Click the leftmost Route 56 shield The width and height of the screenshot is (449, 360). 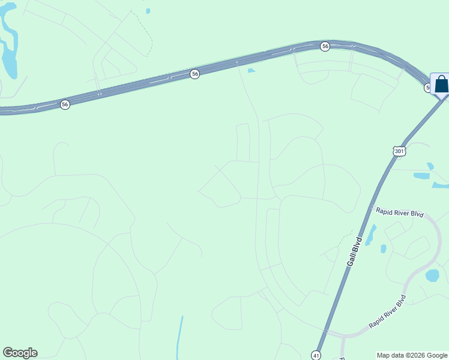pyautogui.click(x=65, y=104)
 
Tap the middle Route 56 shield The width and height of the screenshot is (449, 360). pyautogui.click(x=194, y=73)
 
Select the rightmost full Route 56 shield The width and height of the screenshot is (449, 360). pyautogui.click(x=325, y=46)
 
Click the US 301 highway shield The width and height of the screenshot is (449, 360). pyautogui.click(x=400, y=151)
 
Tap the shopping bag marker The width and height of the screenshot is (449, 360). pyautogui.click(x=441, y=85)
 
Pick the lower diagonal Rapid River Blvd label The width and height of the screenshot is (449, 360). pyautogui.click(x=388, y=311)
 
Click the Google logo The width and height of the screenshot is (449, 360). pyautogui.click(x=20, y=353)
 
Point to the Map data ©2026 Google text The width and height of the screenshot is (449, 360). pyautogui.click(x=412, y=355)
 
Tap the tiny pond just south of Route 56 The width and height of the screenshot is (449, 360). pyautogui.click(x=251, y=71)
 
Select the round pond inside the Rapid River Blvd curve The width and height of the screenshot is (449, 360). pyautogui.click(x=432, y=275)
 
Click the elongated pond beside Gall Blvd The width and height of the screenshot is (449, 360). pyautogui.click(x=370, y=235)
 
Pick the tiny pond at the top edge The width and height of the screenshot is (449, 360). pyautogui.click(x=148, y=10)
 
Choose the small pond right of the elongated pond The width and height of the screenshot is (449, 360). pyautogui.click(x=383, y=248)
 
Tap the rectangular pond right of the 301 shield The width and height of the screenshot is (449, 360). pyautogui.click(x=421, y=176)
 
